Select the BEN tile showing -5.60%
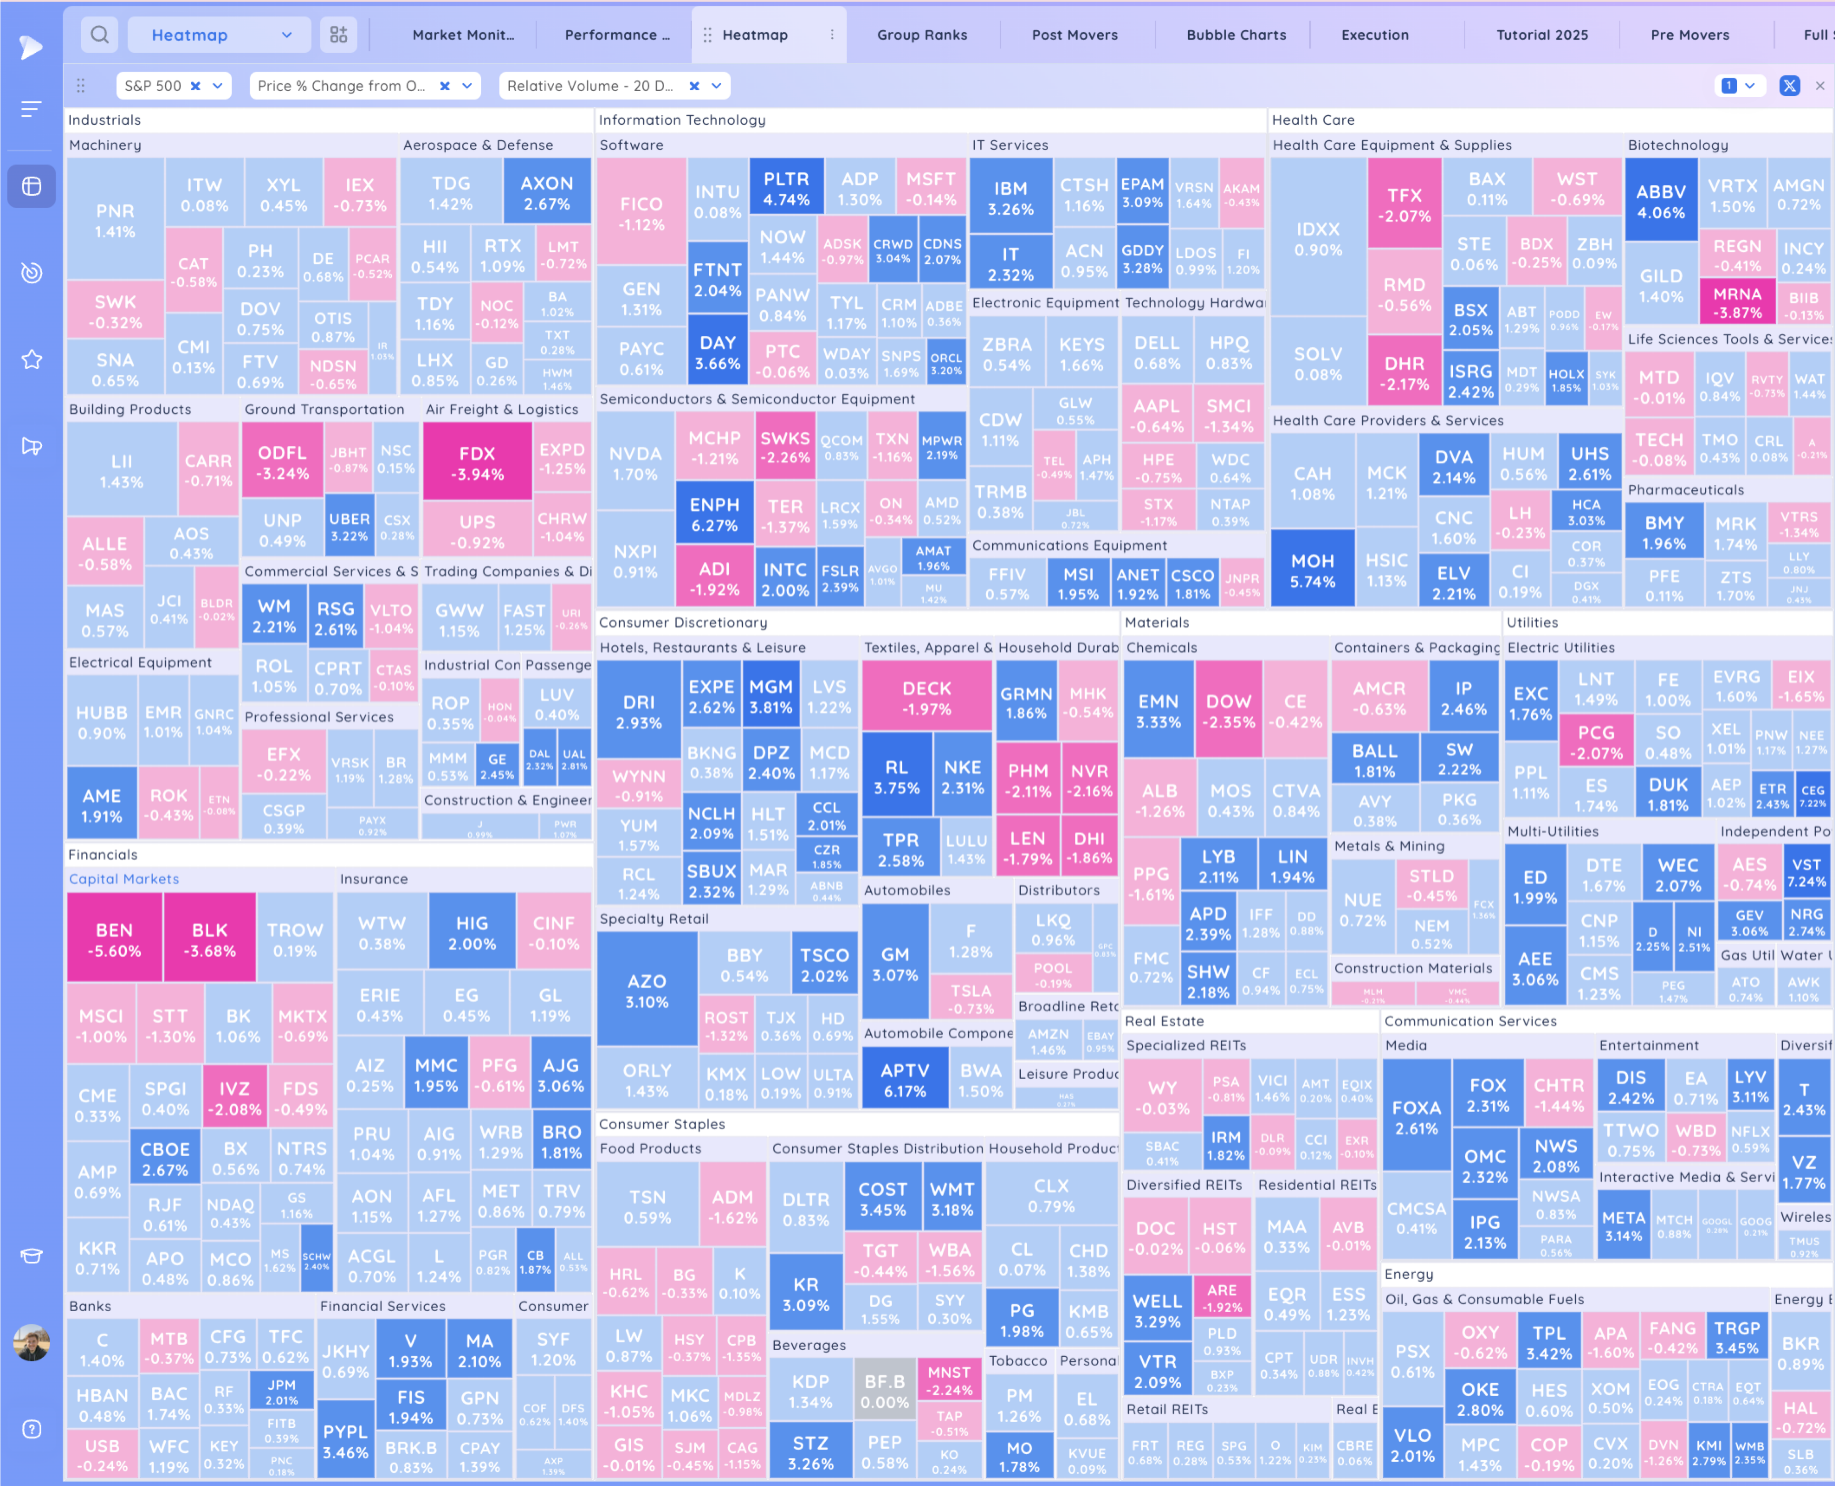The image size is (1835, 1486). coord(114,939)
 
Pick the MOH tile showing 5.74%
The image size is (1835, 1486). coord(1312,570)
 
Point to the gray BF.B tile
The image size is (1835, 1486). coord(884,1391)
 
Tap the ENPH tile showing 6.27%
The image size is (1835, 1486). coord(714,514)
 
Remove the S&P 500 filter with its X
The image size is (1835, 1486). coord(195,86)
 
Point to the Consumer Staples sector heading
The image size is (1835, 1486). coord(662,1124)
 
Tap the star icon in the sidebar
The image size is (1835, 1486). coord(32,360)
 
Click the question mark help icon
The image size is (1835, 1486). coord(32,1429)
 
